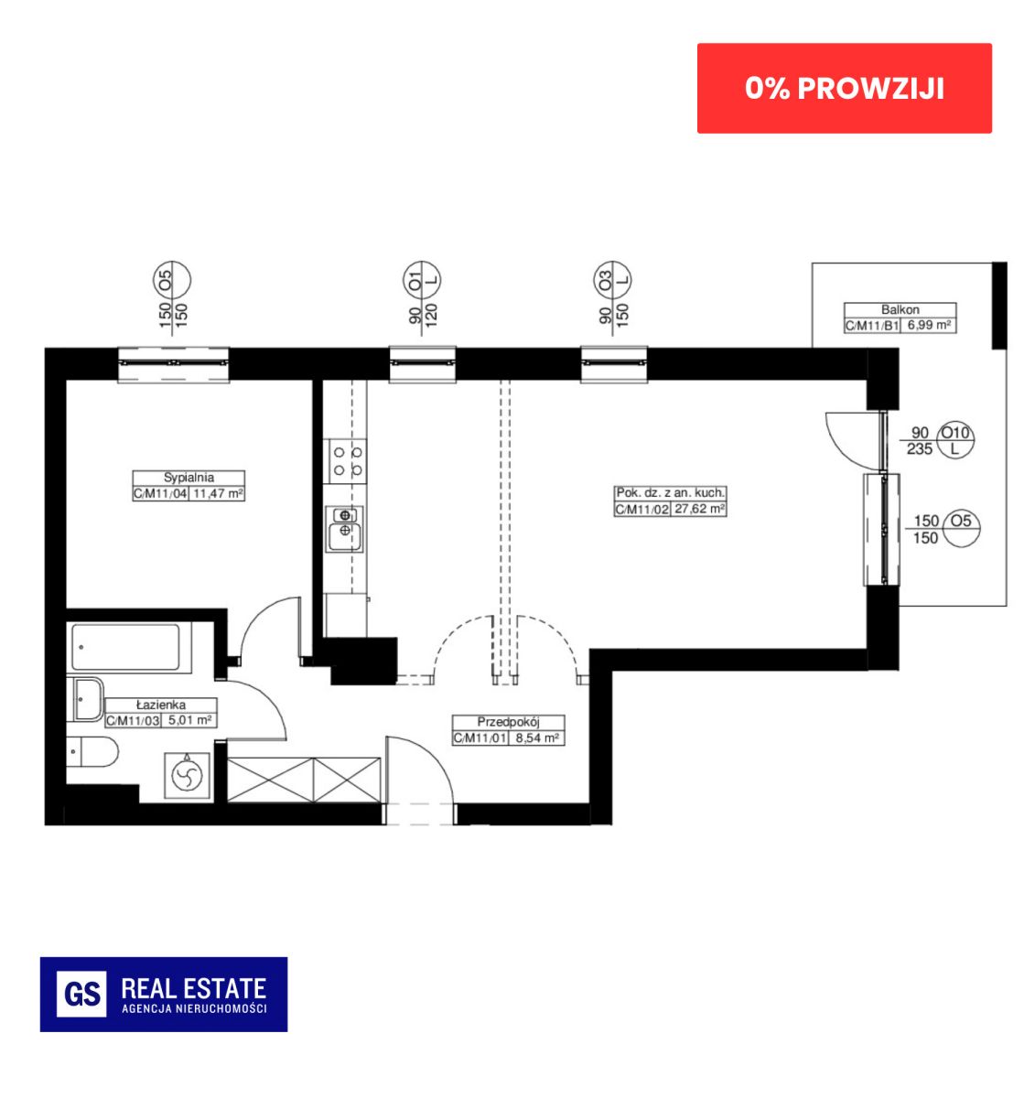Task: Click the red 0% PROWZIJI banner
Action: click(x=844, y=89)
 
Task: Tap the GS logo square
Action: click(x=81, y=994)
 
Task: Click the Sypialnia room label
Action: click(x=189, y=478)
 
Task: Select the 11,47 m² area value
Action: click(x=218, y=493)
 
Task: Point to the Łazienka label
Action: click(x=161, y=705)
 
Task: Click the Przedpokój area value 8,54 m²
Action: click(x=536, y=737)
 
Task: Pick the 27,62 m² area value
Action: click(x=700, y=509)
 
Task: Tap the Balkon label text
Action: click(x=900, y=309)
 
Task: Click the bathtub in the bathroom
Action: click(x=125, y=647)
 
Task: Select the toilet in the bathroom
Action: click(x=92, y=752)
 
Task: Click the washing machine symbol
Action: click(x=187, y=776)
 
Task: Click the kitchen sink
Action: click(x=345, y=529)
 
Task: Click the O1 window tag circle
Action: click(x=422, y=280)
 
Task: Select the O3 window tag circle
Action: click(x=613, y=280)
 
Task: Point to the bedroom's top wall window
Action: click(x=174, y=364)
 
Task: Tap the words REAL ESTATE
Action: click(x=194, y=988)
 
